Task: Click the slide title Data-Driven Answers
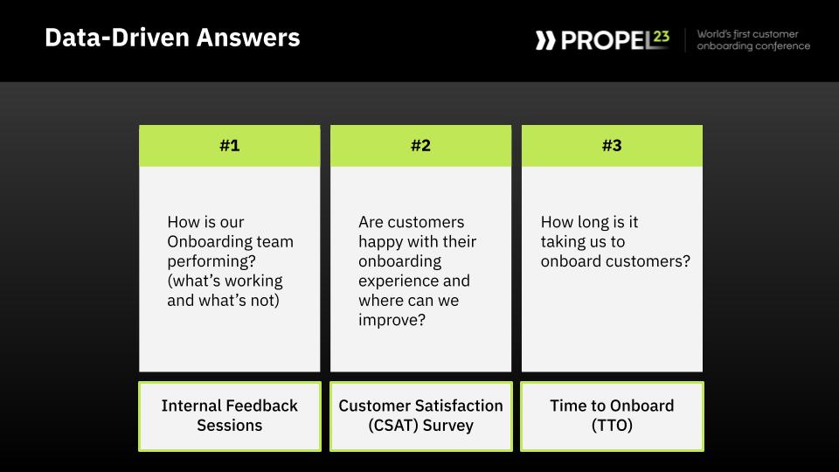[172, 38]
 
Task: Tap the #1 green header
[230, 146]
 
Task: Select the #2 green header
[420, 146]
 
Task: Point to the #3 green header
[612, 146]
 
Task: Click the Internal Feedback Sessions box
[230, 416]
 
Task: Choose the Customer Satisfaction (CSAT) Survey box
[421, 416]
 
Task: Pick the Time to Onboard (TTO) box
[612, 416]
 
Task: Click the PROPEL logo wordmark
[607, 41]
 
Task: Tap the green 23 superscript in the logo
[662, 37]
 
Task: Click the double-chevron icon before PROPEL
[545, 41]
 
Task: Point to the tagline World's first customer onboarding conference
[753, 40]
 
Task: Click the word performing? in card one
[211, 261]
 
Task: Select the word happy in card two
[381, 242]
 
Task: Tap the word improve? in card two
[392, 320]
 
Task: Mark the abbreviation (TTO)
[612, 426]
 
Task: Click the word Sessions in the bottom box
[230, 426]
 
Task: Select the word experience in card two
[399, 281]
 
